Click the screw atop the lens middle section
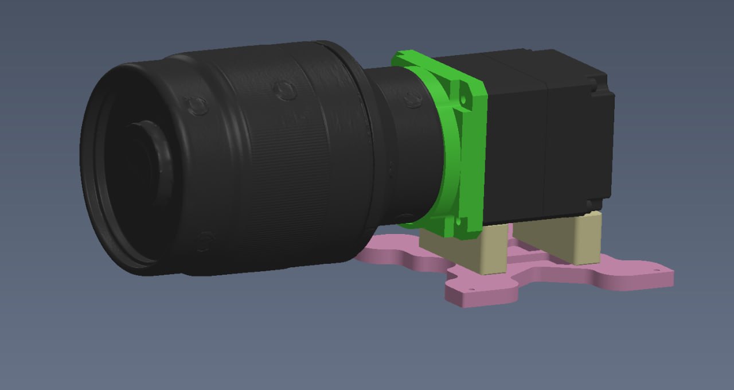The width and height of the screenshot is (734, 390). [284, 90]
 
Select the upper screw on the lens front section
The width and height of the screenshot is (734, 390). [197, 105]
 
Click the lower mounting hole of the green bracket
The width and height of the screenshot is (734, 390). [459, 221]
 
